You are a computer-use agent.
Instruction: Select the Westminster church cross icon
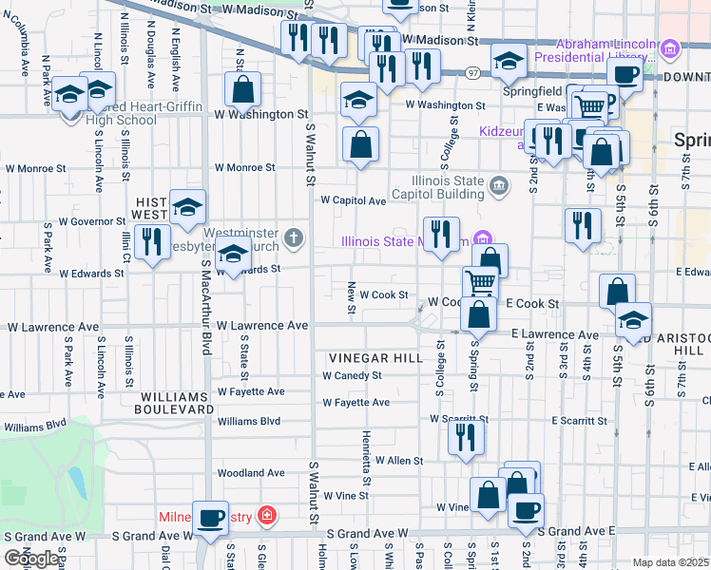click(296, 237)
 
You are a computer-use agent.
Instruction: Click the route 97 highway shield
click(472, 73)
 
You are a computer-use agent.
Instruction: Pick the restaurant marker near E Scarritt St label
click(466, 437)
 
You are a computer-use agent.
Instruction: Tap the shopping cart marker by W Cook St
click(480, 282)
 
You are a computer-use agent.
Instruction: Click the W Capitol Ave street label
click(353, 200)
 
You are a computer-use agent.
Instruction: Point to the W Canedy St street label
click(352, 375)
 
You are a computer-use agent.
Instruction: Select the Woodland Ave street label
click(251, 472)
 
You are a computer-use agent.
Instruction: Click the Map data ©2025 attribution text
click(671, 562)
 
